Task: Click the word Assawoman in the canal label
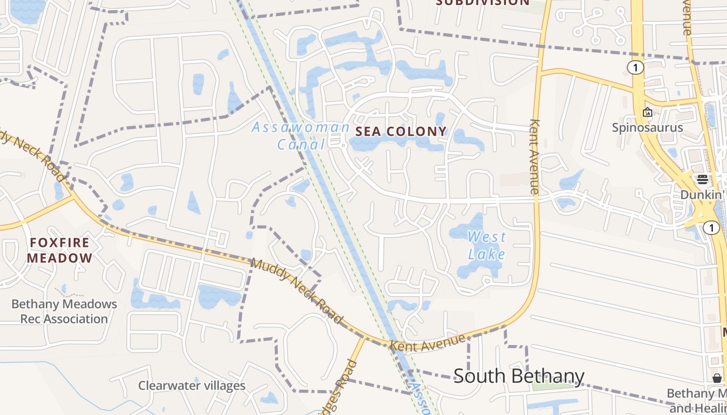301,127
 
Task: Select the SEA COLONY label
401,132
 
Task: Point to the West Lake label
487,245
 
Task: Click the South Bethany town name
519,376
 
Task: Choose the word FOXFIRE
59,242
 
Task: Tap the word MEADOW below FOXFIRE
59,258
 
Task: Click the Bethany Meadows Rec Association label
64,311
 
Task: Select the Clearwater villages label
192,385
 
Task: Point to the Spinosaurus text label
647,128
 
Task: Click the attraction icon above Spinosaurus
647,112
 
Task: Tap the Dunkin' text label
703,195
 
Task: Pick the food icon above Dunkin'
703,180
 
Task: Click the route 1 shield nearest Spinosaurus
635,67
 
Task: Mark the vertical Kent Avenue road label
534,157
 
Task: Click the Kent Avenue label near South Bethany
427,343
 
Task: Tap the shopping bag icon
717,378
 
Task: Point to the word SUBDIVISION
482,3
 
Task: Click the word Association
64,319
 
